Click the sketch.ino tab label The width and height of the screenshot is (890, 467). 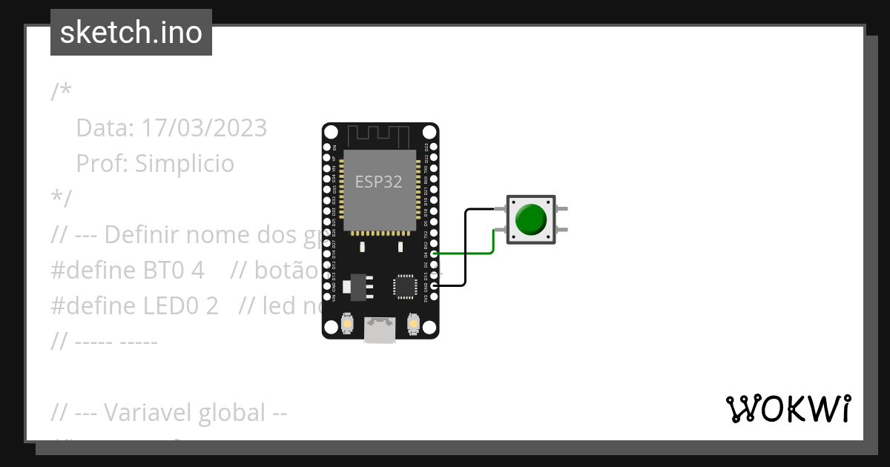[x=131, y=33]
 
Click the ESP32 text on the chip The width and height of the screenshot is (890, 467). [x=379, y=182]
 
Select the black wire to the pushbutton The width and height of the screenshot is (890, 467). [x=466, y=245]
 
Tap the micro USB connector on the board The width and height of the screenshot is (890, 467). [x=380, y=331]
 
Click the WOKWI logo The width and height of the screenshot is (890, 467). [x=788, y=408]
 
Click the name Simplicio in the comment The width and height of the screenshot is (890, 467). [x=185, y=163]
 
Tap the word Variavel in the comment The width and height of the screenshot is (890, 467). [x=151, y=412]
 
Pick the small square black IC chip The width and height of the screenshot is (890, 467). [x=406, y=286]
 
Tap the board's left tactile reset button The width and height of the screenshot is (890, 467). [x=346, y=325]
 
